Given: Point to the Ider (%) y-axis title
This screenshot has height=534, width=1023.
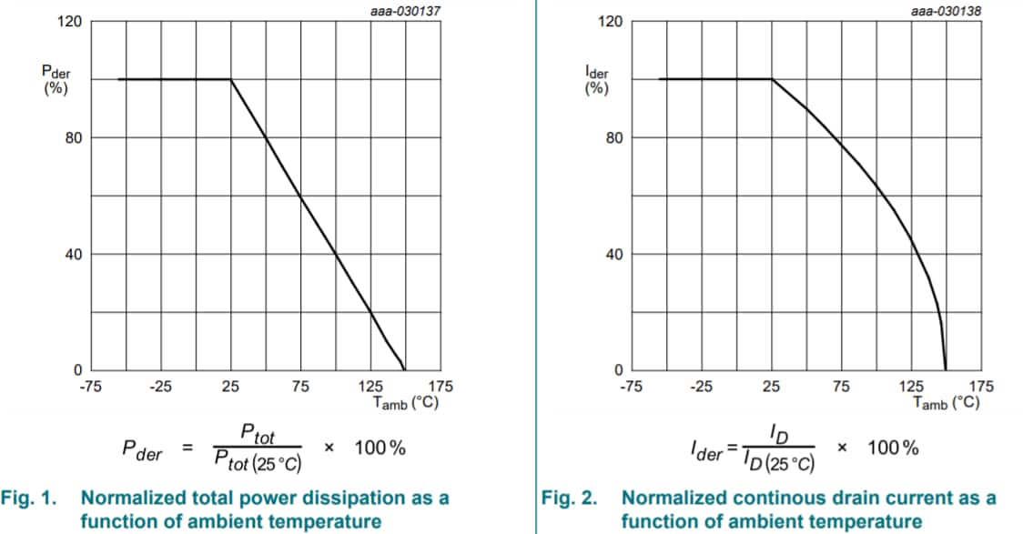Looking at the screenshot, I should (596, 80).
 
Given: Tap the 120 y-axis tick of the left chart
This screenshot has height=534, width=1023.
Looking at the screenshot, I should (72, 22).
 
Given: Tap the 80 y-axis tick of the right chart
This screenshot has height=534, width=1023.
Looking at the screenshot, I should (614, 138).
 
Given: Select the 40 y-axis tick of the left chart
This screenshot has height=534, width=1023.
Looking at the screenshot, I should (74, 254).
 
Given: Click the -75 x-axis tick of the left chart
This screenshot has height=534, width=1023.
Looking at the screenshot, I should (89, 387).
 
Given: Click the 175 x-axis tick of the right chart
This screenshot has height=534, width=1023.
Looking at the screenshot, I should (981, 387).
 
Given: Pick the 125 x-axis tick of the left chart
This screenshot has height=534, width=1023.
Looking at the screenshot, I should (370, 387).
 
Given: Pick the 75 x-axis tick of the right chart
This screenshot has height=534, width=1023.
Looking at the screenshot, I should (841, 387).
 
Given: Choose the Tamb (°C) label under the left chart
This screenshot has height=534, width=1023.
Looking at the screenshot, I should (407, 401).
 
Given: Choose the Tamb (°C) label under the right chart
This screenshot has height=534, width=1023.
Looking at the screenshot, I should (947, 401).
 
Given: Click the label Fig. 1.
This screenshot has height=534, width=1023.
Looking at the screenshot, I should (31, 499).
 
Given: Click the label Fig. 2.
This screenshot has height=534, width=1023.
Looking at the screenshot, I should (570, 499).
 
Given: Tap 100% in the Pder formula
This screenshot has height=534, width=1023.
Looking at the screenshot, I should (380, 448).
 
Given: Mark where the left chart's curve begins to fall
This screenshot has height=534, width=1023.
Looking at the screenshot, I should (231, 79).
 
